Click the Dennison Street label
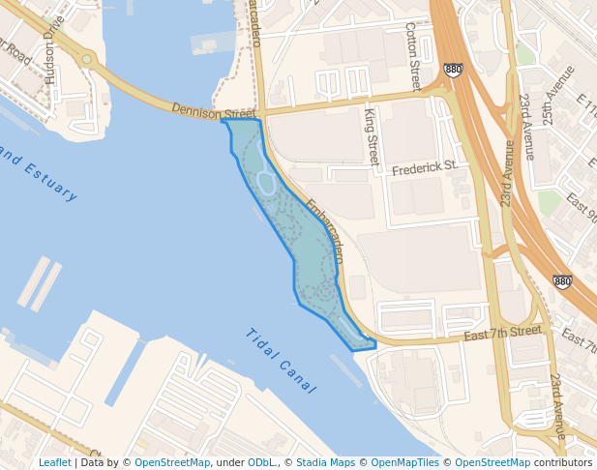[x=214, y=113]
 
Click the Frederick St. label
[x=425, y=168]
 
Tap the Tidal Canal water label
[x=282, y=361]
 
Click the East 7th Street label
[x=503, y=333]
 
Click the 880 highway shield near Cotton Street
[x=453, y=70]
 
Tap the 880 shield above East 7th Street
[x=562, y=281]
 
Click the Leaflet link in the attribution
[x=54, y=462]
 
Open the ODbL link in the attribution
[x=261, y=462]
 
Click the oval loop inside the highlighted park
[x=266, y=183]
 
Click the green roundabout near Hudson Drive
[x=87, y=60]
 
